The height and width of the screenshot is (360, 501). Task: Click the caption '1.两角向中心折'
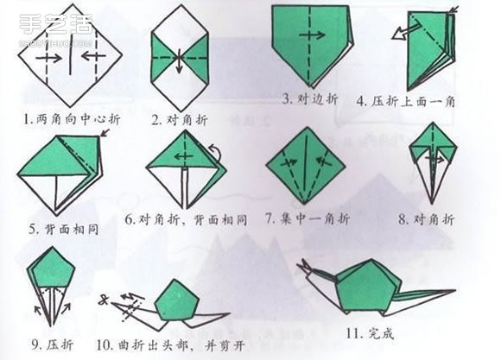click(x=66, y=114)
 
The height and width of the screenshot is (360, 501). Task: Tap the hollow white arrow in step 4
click(x=399, y=35)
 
